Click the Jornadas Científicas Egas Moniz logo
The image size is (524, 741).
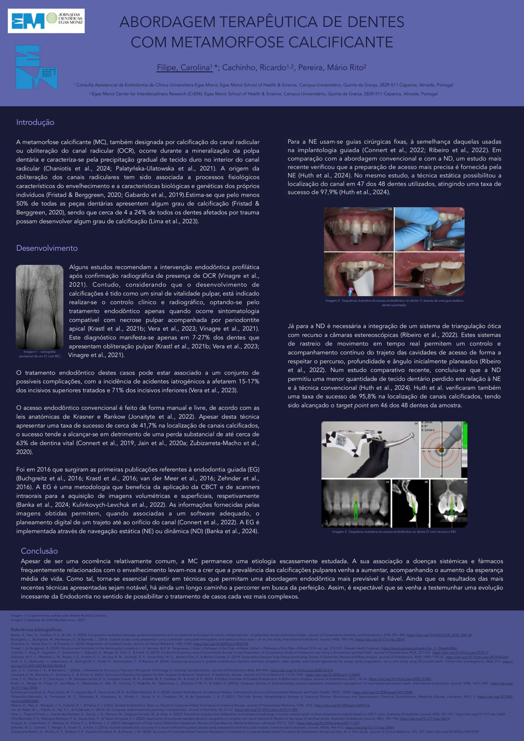click(x=46, y=21)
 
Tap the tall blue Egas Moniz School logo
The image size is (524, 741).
click(x=36, y=67)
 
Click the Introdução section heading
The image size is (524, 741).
click(x=35, y=122)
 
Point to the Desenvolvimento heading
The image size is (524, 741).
click(x=47, y=248)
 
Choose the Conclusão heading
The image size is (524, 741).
click(x=39, y=551)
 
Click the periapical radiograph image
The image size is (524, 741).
click(x=39, y=306)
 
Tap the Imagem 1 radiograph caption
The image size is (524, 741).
click(x=39, y=354)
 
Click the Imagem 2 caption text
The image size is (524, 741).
click(x=394, y=302)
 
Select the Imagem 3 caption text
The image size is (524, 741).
click(x=394, y=531)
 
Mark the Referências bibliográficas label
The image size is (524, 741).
click(x=36, y=630)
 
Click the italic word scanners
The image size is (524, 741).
click(x=247, y=487)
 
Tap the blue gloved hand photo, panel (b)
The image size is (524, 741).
click(x=429, y=230)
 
